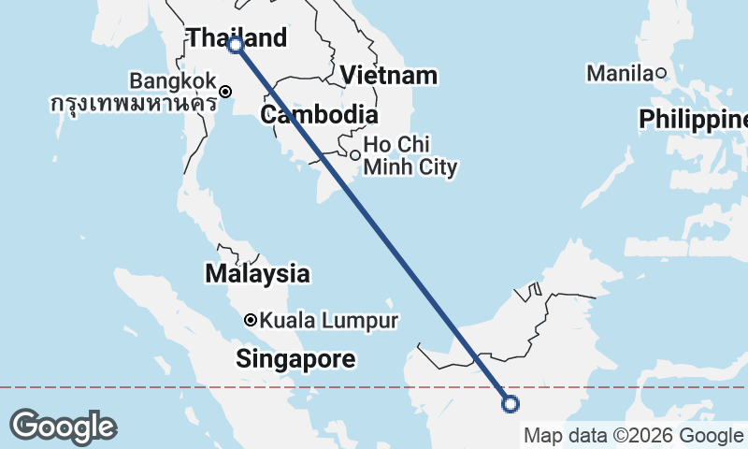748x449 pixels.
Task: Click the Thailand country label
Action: [237, 37]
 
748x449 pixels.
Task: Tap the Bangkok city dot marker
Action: [226, 92]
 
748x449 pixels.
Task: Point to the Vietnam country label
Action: [389, 76]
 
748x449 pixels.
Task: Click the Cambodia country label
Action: [320, 116]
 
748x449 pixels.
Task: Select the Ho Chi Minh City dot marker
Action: [355, 154]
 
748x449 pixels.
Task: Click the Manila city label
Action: [618, 72]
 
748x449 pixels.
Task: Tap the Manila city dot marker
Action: [660, 73]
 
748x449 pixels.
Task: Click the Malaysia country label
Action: [256, 274]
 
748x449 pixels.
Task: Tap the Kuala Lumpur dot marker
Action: [251, 320]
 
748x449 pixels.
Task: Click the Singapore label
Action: [295, 358]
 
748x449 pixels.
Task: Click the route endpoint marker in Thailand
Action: [236, 44]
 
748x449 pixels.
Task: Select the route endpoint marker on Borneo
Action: [511, 404]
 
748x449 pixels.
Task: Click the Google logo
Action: [63, 427]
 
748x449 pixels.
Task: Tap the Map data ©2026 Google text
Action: [632, 435]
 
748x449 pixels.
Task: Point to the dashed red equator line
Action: [140, 386]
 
